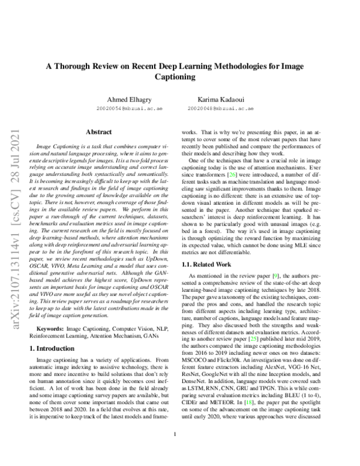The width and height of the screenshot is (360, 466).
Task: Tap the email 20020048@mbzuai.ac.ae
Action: tap(230, 109)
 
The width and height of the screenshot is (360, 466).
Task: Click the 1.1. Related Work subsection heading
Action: tap(207, 264)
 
